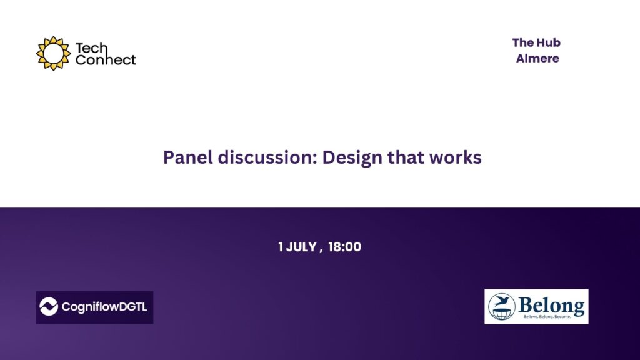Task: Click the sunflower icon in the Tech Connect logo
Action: point(52,53)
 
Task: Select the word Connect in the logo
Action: point(105,60)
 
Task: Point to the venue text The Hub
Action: point(536,43)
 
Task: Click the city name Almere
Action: point(537,59)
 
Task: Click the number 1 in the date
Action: point(281,247)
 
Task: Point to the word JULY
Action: point(301,247)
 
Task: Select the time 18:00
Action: point(344,247)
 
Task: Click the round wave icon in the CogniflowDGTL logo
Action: point(49,307)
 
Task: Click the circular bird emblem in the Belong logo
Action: point(502,306)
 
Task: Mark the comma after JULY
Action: point(321,250)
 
